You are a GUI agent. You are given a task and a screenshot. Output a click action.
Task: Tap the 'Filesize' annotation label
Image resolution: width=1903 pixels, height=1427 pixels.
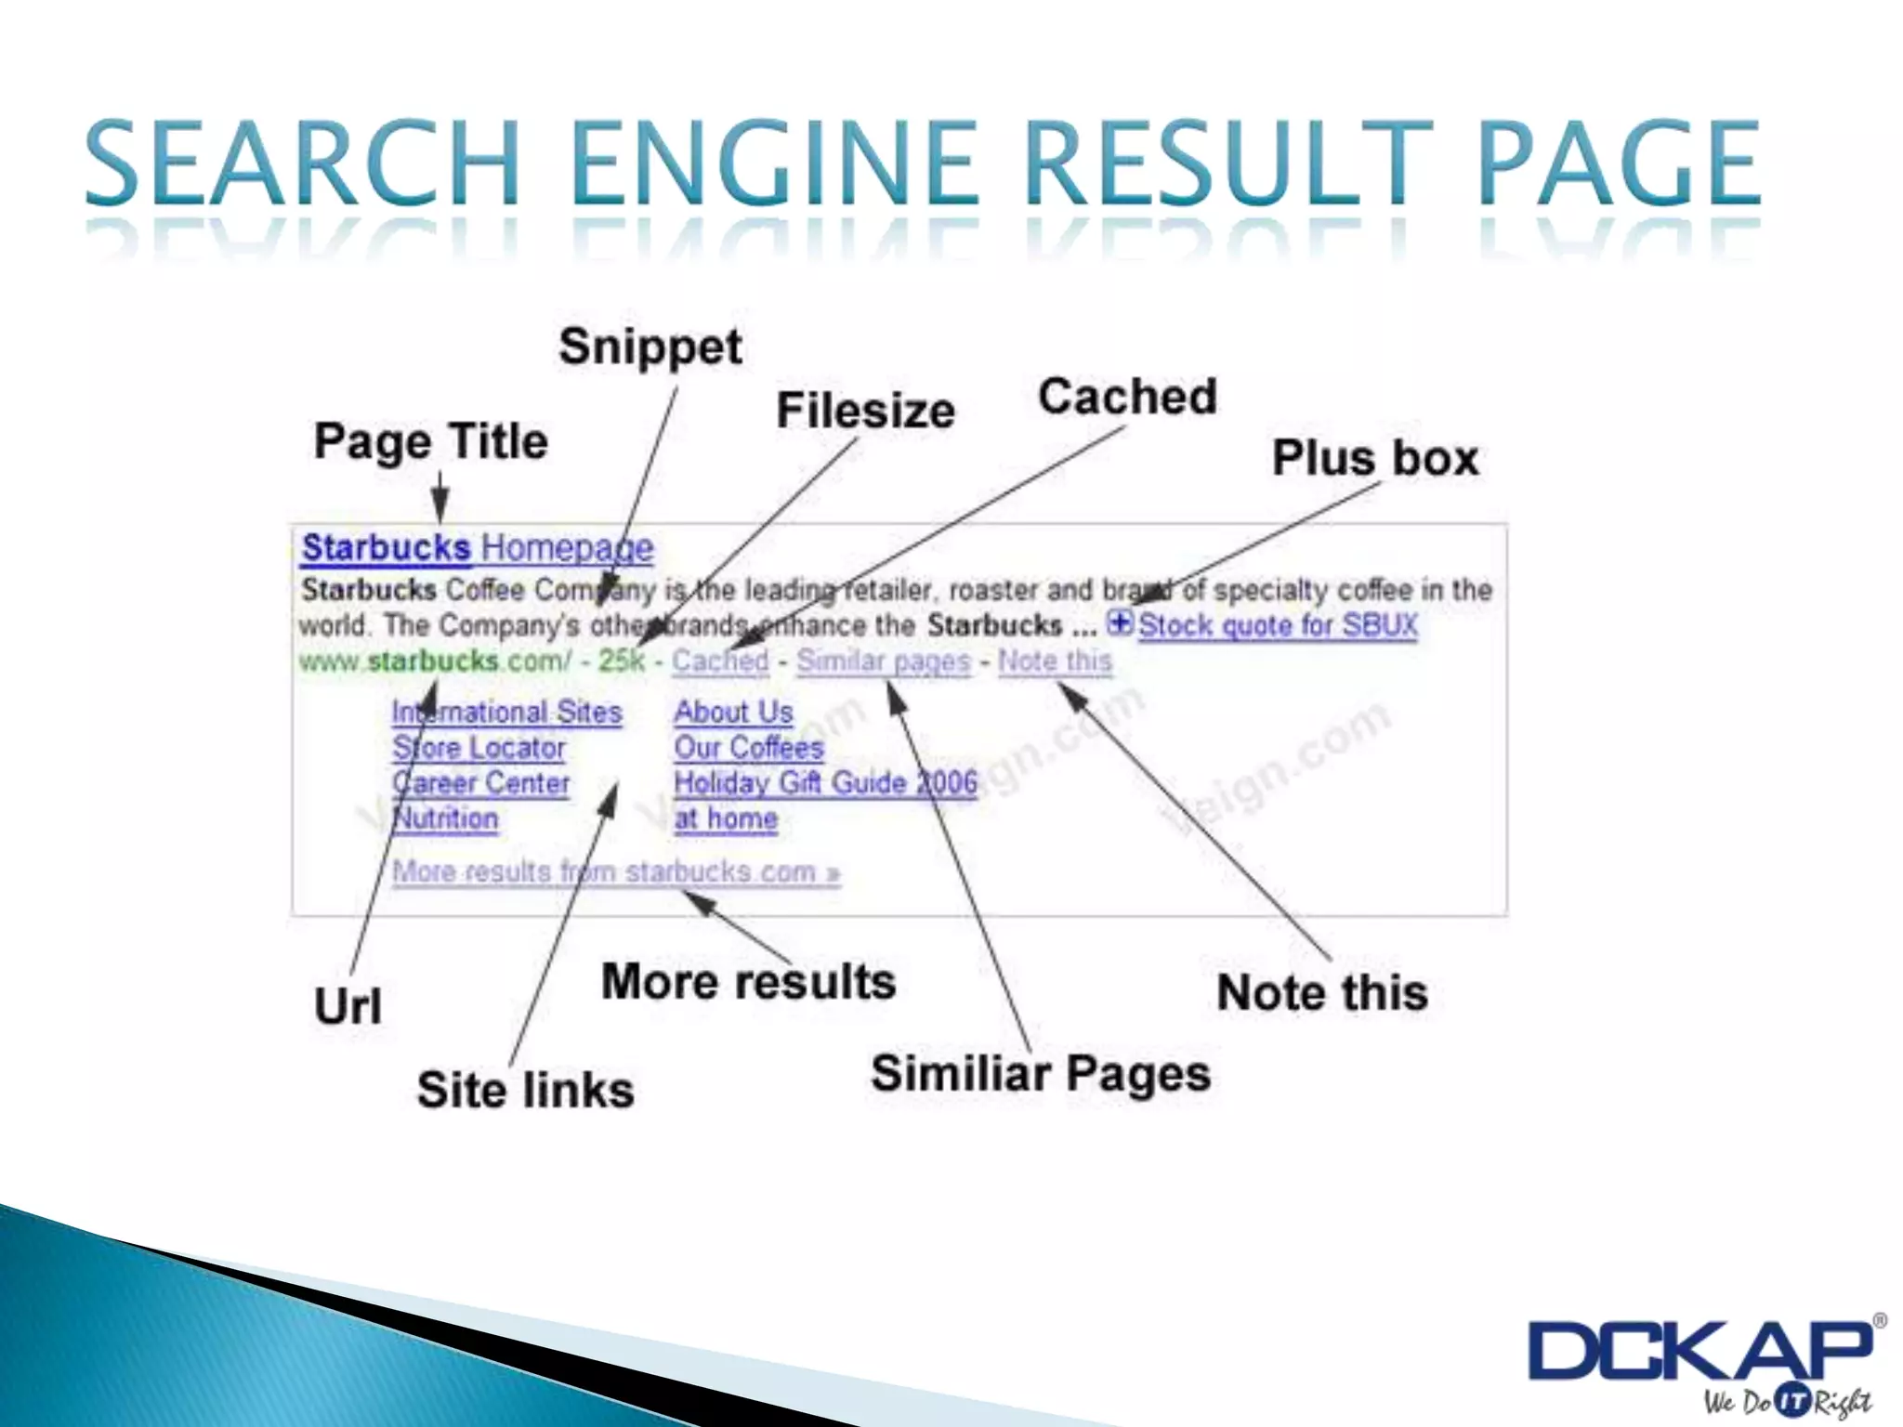pyautogui.click(x=865, y=412)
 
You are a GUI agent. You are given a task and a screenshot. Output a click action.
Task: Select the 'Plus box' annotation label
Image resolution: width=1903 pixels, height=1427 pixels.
pyautogui.click(x=1374, y=459)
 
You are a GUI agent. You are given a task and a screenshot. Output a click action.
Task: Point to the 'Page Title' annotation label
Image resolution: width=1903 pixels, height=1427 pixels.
pyautogui.click(x=430, y=441)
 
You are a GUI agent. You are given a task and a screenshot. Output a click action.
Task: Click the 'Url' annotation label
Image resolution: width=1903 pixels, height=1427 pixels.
pyautogui.click(x=348, y=1006)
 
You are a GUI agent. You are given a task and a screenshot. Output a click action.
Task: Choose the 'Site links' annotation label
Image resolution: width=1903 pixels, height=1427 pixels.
pyautogui.click(x=525, y=1091)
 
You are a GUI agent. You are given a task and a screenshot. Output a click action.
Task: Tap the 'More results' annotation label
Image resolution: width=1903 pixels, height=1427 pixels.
pyautogui.click(x=748, y=983)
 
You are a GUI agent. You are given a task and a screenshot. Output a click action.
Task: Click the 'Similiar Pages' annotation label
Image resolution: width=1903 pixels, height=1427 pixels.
pyautogui.click(x=1040, y=1074)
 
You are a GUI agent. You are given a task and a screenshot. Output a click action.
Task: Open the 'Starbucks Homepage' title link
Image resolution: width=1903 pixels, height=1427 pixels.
pyautogui.click(x=478, y=548)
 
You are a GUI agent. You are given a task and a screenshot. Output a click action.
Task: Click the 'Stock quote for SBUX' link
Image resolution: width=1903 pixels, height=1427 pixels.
pyautogui.click(x=1278, y=625)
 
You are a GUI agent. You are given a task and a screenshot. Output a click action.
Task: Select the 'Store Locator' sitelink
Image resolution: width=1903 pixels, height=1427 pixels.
pyautogui.click(x=479, y=748)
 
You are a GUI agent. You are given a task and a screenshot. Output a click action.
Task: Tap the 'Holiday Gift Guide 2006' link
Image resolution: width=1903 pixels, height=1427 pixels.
pyautogui.click(x=825, y=783)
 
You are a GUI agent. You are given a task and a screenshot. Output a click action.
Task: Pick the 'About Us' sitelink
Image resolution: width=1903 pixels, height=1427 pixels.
pyautogui.click(x=733, y=713)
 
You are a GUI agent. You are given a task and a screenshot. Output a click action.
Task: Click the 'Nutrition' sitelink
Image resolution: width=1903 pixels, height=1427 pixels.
pyautogui.click(x=445, y=819)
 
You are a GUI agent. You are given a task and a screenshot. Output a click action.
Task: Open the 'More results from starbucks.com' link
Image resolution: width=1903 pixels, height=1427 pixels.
pyautogui.click(x=616, y=872)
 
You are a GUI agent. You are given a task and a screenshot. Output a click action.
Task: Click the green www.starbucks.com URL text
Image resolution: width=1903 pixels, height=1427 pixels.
pyautogui.click(x=435, y=661)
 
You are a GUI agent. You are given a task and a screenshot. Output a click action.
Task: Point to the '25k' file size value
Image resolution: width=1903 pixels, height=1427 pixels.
pyautogui.click(x=621, y=661)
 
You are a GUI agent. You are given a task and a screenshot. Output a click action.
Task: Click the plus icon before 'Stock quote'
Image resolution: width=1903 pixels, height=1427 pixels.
pyautogui.click(x=1120, y=622)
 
